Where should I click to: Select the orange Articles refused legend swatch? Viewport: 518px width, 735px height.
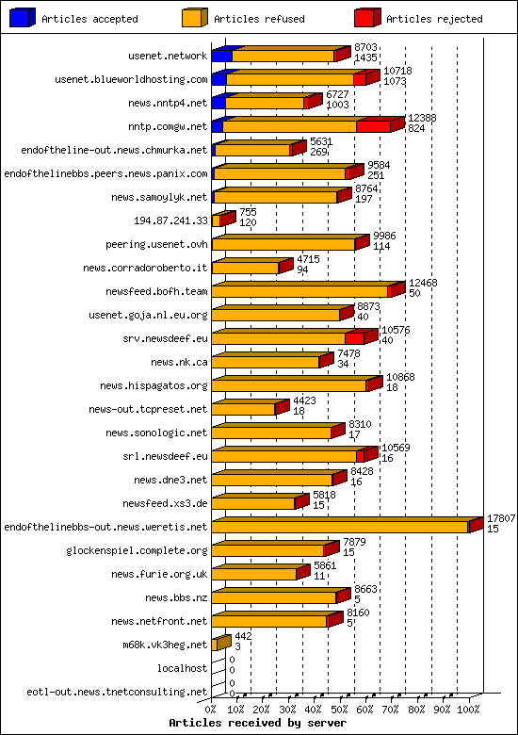195,18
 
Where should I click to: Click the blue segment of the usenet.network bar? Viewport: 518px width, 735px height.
221,56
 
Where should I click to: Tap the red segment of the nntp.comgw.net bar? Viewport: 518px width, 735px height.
372,126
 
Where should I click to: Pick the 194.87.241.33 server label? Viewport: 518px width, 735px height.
171,220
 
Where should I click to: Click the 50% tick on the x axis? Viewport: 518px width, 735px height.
341,708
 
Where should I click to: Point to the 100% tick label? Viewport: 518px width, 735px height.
468,708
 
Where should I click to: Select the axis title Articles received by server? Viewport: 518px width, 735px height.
257,722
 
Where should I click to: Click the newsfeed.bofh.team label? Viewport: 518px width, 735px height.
156,291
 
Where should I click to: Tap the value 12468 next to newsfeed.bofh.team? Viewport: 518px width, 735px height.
423,283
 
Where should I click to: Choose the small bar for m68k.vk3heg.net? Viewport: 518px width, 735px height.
219,645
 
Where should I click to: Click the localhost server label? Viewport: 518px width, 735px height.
183,668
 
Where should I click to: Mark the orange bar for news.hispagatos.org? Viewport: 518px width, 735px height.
288,385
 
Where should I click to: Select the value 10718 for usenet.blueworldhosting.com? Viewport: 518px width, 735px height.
398,71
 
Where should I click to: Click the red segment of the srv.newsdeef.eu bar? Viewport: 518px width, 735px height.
354,338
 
